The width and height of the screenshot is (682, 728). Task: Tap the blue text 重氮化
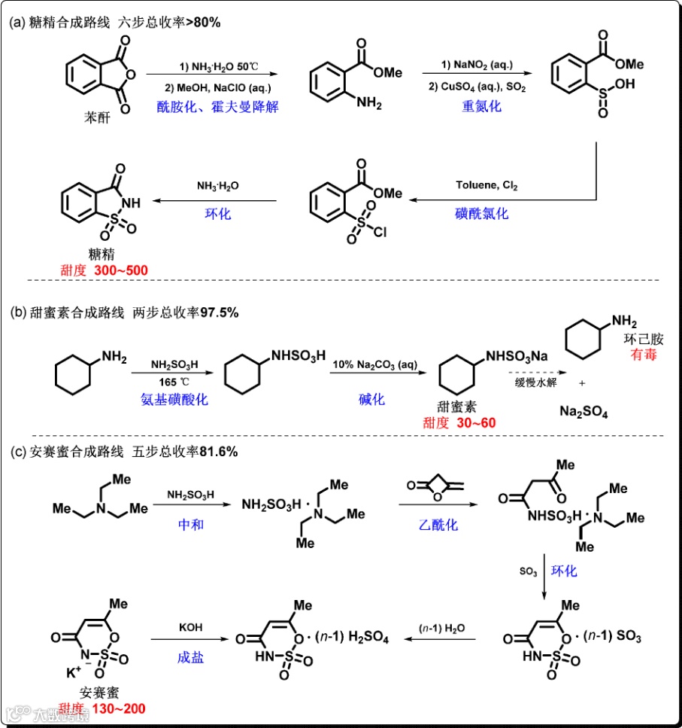(482, 105)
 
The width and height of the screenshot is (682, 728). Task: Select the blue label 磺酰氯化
(482, 213)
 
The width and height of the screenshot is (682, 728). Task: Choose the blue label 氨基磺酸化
(173, 399)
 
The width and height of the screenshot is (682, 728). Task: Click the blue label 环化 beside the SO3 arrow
(565, 571)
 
